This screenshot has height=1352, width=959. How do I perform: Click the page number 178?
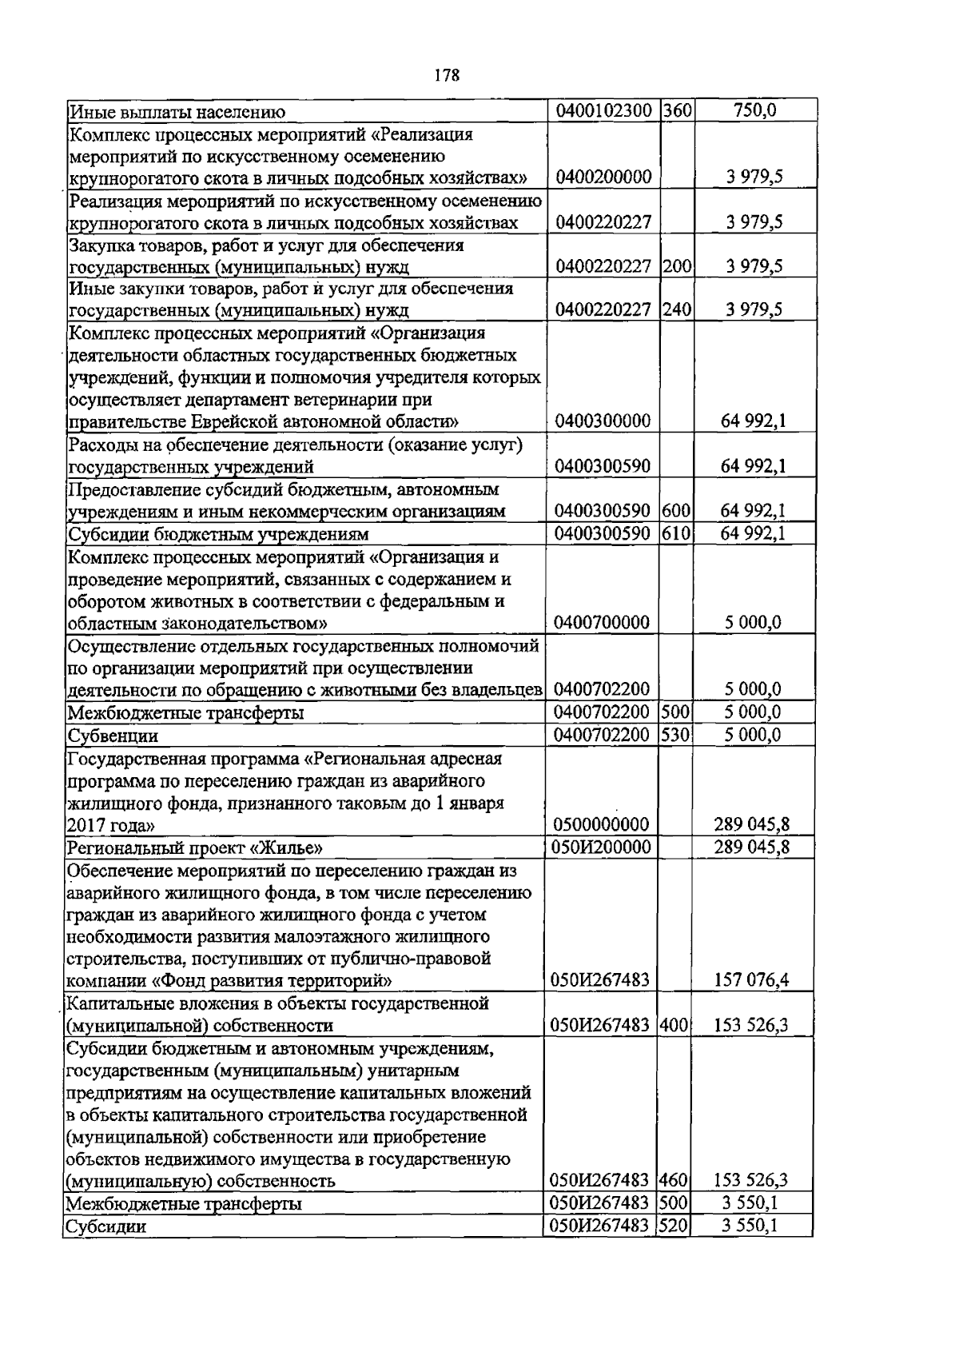pos(447,75)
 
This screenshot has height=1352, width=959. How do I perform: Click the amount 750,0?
pos(754,110)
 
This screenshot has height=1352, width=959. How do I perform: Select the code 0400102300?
pos(603,110)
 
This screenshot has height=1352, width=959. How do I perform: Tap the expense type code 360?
pos(676,110)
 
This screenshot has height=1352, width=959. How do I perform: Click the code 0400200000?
pos(603,177)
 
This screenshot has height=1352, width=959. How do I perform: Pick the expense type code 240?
pos(676,309)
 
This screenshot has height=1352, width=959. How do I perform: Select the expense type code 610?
pos(676,533)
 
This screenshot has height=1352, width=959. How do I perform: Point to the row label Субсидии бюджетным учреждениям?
pos(217,534)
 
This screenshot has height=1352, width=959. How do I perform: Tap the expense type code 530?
pos(676,734)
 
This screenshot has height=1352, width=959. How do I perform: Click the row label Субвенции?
pos(113,735)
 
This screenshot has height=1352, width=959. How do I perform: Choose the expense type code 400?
pos(676,1025)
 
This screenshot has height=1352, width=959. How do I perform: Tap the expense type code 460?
pos(676,1180)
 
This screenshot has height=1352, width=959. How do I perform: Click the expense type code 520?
pos(676,1225)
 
